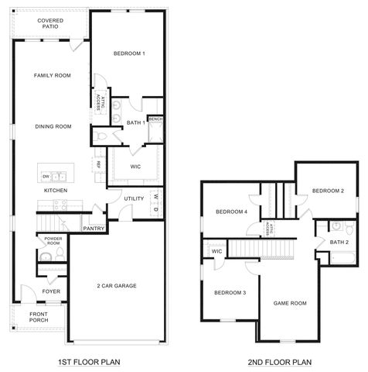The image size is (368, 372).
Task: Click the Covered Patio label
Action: tap(51, 22)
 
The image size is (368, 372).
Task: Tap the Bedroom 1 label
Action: tap(129, 53)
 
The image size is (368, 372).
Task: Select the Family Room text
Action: tap(52, 75)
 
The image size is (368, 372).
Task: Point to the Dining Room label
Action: tap(53, 126)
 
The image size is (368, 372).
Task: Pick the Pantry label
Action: tap(94, 229)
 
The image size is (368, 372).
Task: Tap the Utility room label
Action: tap(134, 198)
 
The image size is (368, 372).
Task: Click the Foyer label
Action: tap(51, 291)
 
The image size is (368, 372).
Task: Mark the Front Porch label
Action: tap(39, 318)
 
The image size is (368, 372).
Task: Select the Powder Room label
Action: tap(53, 240)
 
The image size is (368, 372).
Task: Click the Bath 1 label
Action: tap(136, 122)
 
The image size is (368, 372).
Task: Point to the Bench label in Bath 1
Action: tap(155, 119)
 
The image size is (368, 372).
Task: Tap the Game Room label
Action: tap(290, 303)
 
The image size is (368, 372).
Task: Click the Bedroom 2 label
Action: tap(328, 191)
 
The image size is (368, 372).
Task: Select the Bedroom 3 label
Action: tap(230, 292)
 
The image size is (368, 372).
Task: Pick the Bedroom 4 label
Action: tap(231, 212)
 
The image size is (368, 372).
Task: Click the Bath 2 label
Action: tap(339, 242)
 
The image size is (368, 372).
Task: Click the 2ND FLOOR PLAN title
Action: tap(279, 362)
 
